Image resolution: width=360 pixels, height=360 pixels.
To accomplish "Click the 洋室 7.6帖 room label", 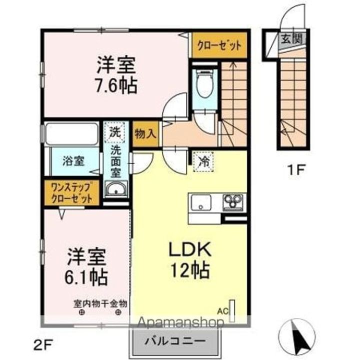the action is pos(116,75).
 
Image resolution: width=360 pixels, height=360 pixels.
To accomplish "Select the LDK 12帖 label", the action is pos(189,260).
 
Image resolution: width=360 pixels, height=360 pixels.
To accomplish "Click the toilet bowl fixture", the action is pos(204,84).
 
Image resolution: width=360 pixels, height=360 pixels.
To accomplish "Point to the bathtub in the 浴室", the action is pos(71,134).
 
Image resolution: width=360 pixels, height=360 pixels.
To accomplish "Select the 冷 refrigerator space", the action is pos(203,161).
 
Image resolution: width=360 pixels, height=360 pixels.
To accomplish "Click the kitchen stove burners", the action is pos(233,202).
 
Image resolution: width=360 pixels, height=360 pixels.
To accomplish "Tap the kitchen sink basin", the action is pos(201,202).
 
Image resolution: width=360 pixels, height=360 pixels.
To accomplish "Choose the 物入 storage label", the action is pos(146,133).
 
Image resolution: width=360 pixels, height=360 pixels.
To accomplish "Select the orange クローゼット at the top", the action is pos(219,45).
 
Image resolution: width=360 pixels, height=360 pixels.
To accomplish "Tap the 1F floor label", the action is pos(296,170).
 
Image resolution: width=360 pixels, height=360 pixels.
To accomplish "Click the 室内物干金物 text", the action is pos(100,304).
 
